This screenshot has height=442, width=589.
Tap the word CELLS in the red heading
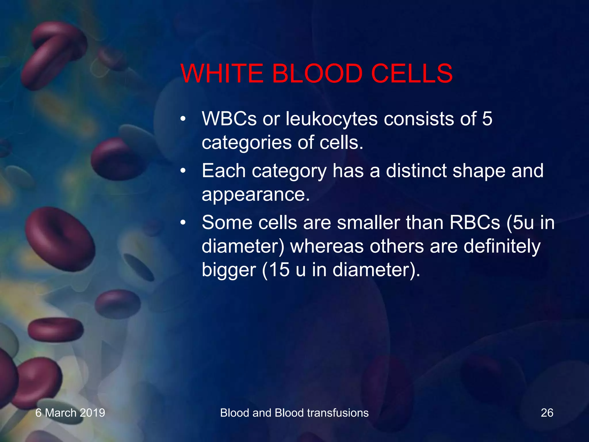412,73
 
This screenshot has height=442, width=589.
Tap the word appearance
256,195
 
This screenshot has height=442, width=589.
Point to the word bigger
229,270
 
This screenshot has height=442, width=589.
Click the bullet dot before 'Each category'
183,171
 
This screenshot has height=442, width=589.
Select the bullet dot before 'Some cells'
183,223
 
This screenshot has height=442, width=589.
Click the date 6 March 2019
70,413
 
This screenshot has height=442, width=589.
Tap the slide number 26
547,413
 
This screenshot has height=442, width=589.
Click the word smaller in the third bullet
368,223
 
